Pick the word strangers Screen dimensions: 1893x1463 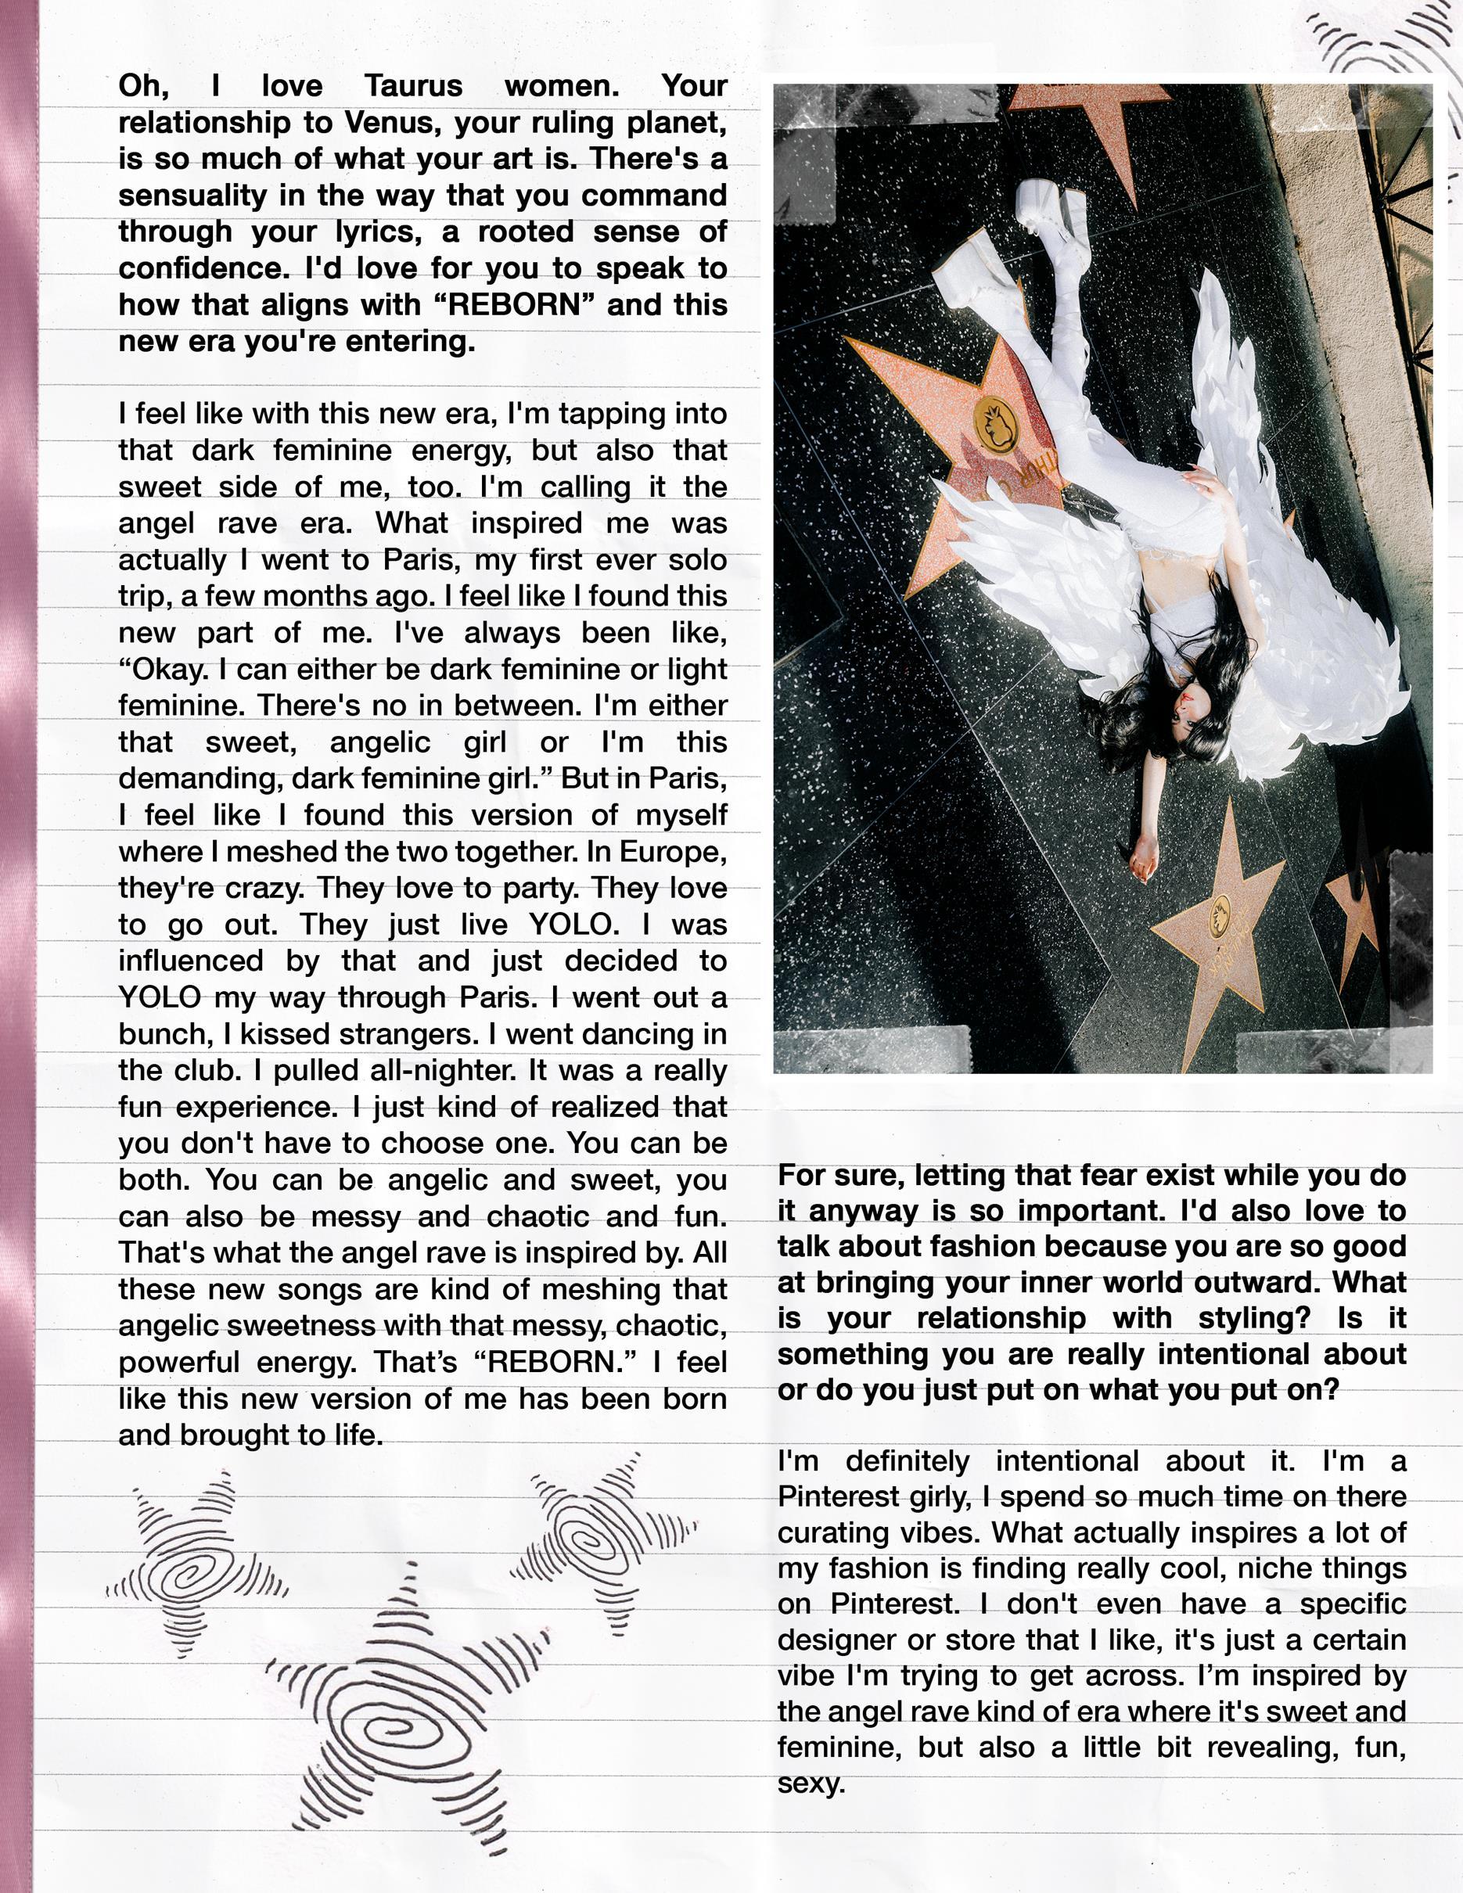(402, 1035)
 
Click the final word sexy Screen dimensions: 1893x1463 (811, 1783)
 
